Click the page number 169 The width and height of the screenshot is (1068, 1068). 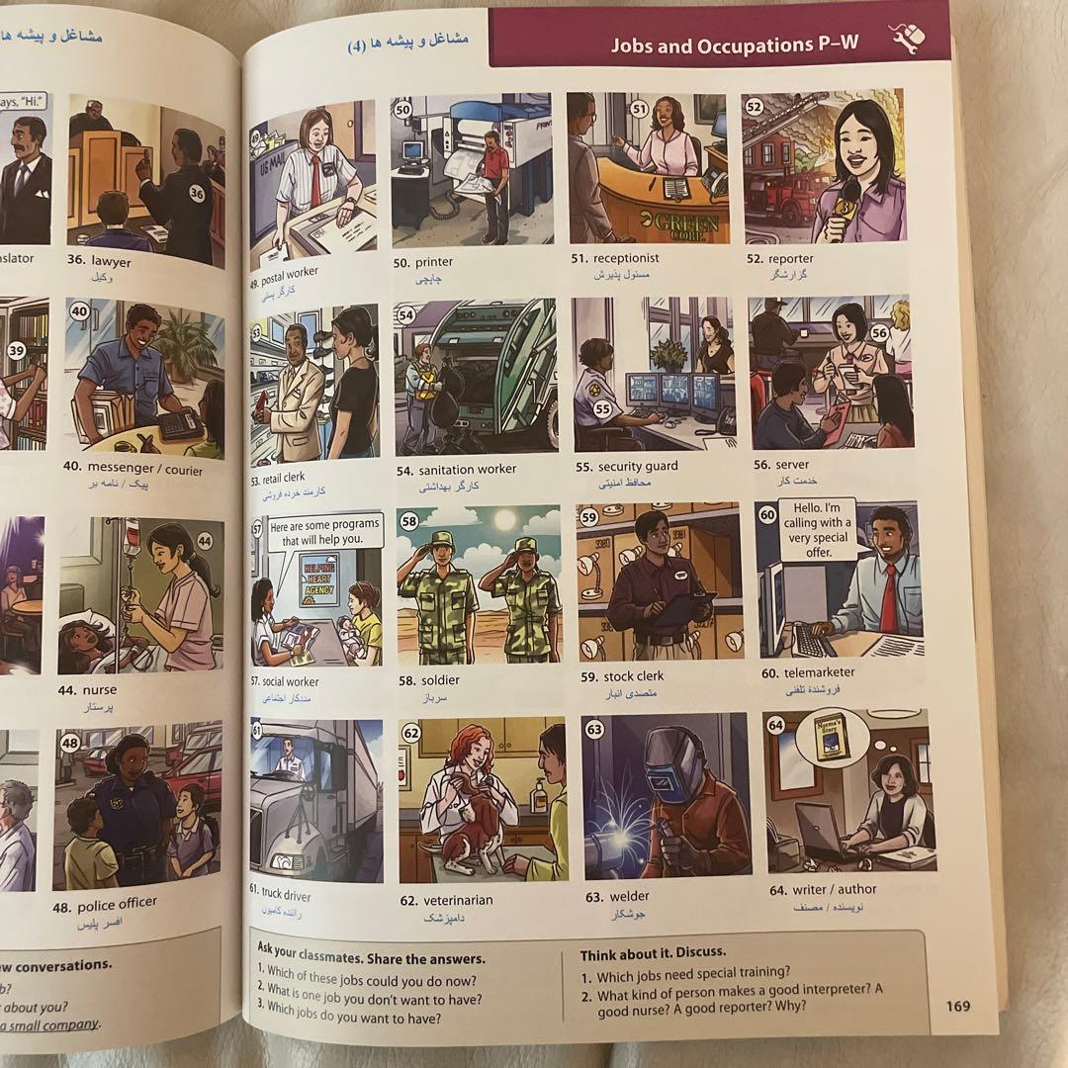point(957,1007)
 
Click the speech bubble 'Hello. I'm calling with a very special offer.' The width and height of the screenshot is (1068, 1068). point(818,530)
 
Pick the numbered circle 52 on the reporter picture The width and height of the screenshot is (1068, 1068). point(754,106)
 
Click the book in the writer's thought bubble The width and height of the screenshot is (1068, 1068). point(831,736)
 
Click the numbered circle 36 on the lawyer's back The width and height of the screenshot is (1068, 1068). point(197,194)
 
